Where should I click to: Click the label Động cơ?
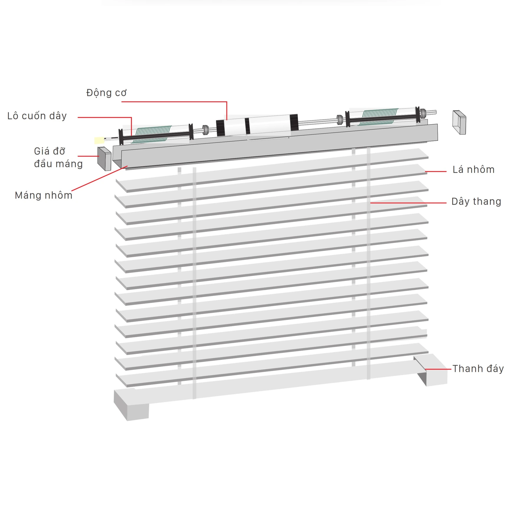tap(106, 93)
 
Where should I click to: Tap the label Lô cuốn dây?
tap(37, 116)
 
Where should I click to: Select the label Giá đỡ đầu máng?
tap(58, 158)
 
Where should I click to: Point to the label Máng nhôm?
tap(43, 195)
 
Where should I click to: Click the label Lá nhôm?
tap(473, 170)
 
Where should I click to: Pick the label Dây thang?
tap(476, 201)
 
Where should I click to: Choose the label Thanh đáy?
tap(478, 369)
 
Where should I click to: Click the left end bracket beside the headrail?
tap(104, 159)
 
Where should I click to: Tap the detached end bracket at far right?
tap(459, 122)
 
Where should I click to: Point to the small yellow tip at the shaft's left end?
tap(99, 140)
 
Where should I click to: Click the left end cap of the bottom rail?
tap(131, 405)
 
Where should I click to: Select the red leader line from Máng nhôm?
tap(99, 178)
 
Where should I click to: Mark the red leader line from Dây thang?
tap(408, 203)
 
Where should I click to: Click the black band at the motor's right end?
tap(294, 122)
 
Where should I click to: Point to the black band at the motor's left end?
tap(220, 128)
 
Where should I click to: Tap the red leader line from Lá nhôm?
tap(436, 171)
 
